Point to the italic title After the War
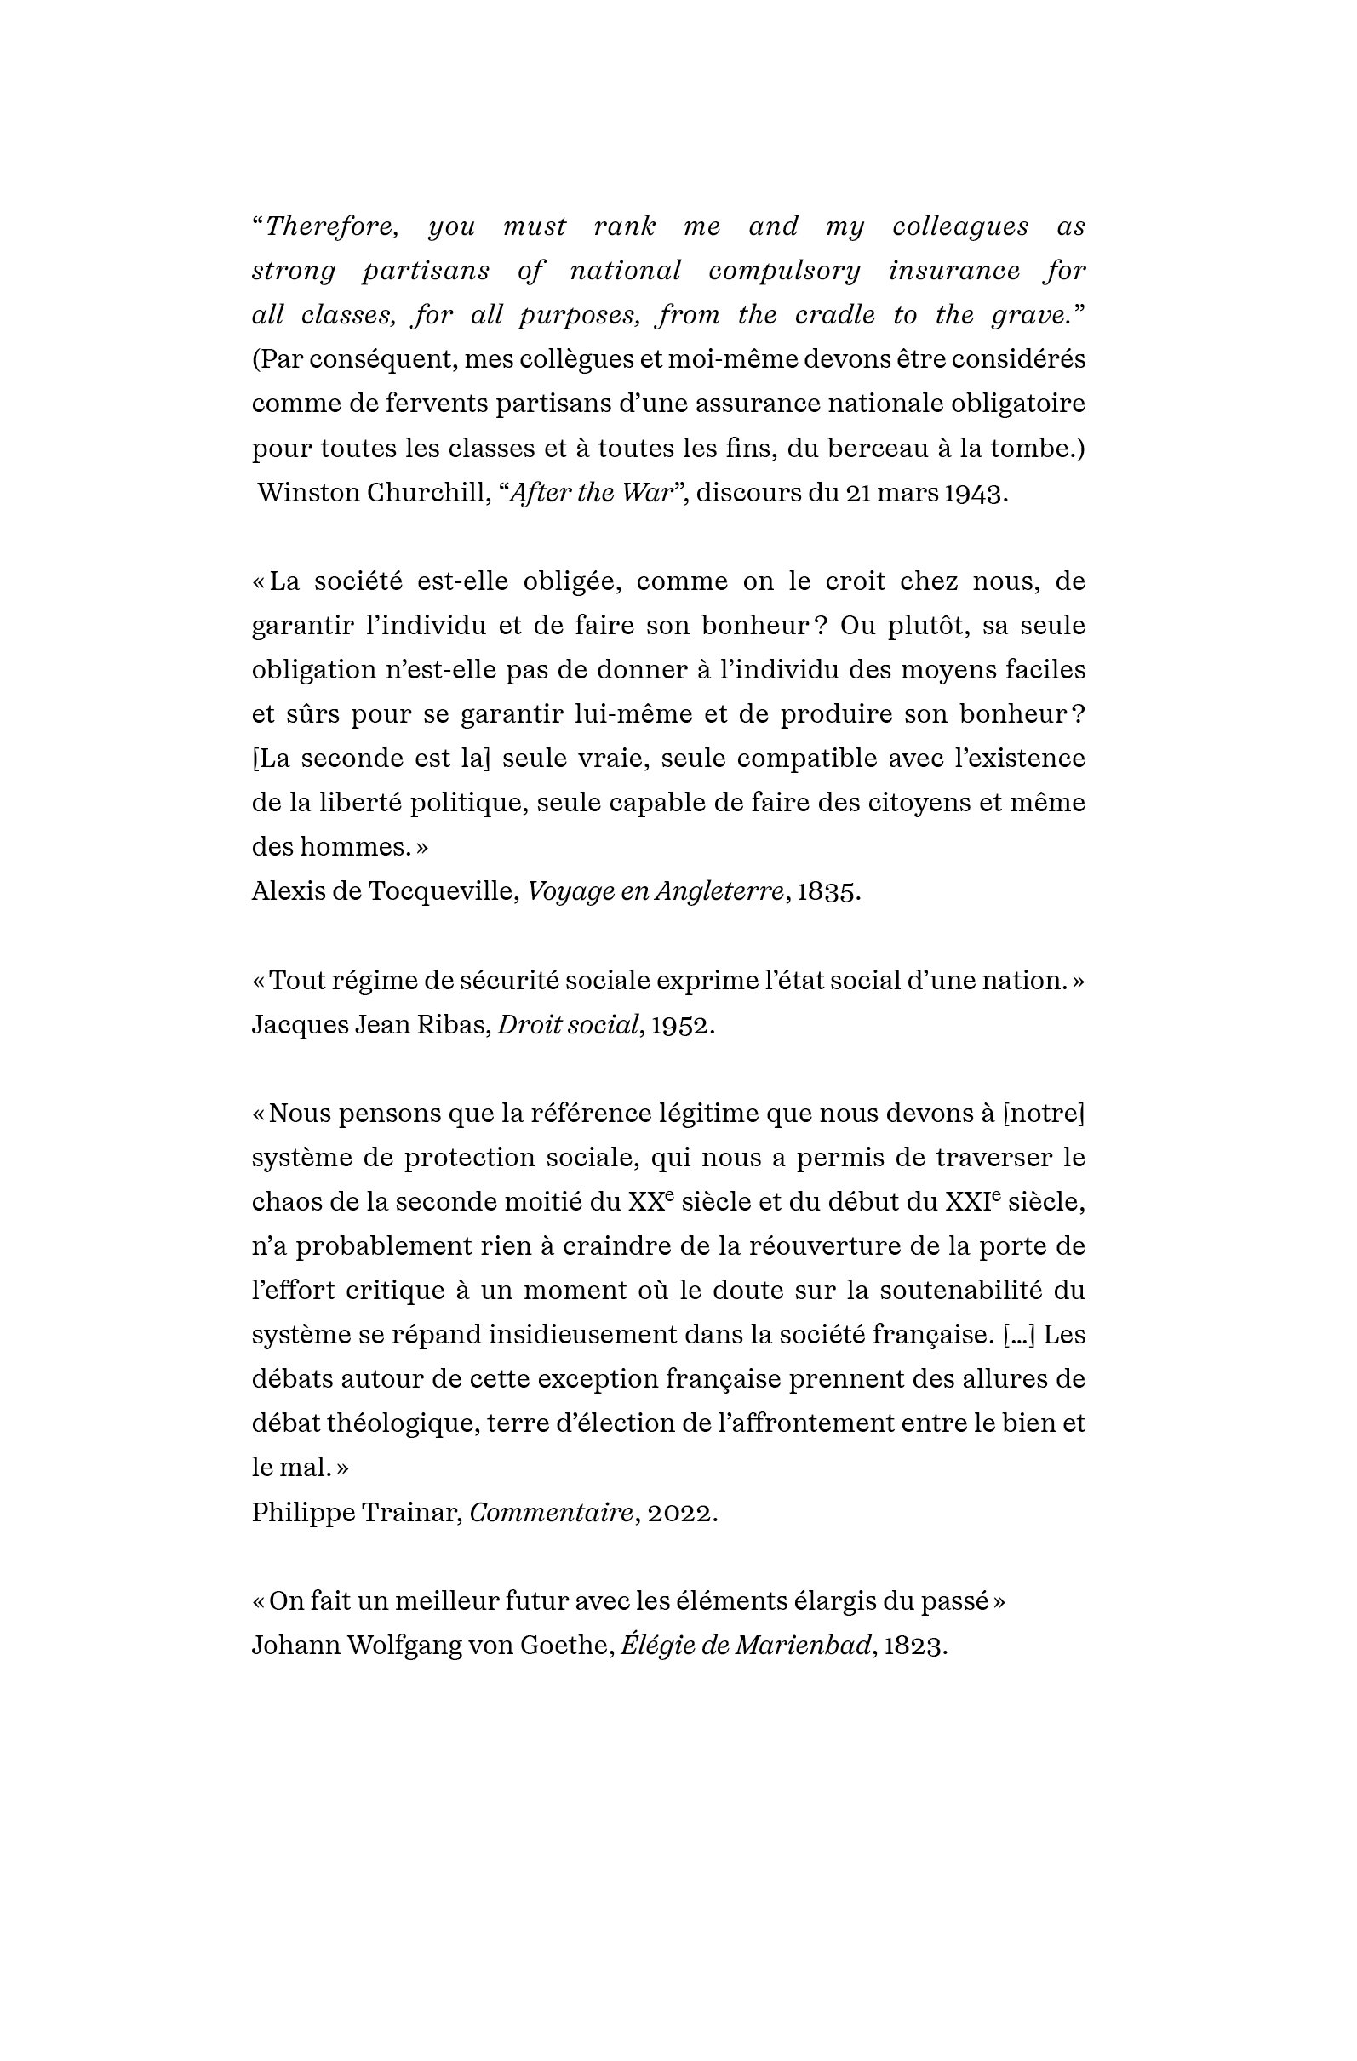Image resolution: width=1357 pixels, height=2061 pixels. [x=592, y=493]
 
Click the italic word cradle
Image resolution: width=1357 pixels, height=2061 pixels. [x=835, y=315]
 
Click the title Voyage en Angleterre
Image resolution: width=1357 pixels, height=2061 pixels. [x=656, y=891]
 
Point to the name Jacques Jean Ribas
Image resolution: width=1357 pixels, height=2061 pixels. [x=371, y=1024]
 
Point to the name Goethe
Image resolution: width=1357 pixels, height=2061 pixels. [x=565, y=1646]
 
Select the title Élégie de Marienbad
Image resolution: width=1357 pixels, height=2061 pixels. [x=746, y=1646]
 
